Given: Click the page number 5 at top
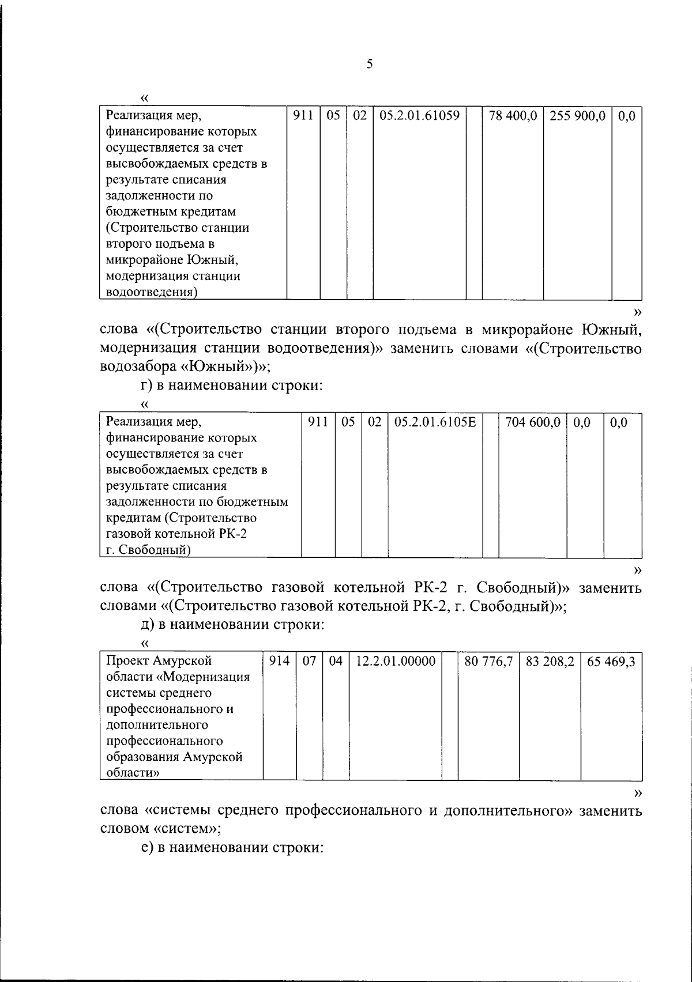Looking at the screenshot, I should [370, 64].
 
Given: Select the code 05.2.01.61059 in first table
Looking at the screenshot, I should [419, 116].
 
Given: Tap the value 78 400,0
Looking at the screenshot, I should [512, 116].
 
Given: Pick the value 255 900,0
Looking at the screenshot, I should [577, 116].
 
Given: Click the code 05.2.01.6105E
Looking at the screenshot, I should [435, 422].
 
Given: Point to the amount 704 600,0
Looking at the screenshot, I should [532, 422].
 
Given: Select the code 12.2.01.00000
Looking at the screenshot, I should [396, 661].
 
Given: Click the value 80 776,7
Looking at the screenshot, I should [488, 662].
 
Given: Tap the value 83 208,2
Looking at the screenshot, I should [550, 662].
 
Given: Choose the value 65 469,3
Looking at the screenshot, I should [611, 662].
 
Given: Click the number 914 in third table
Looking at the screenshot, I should [280, 661].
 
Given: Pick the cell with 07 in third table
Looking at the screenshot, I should [310, 661].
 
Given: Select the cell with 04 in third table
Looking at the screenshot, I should [336, 661].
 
